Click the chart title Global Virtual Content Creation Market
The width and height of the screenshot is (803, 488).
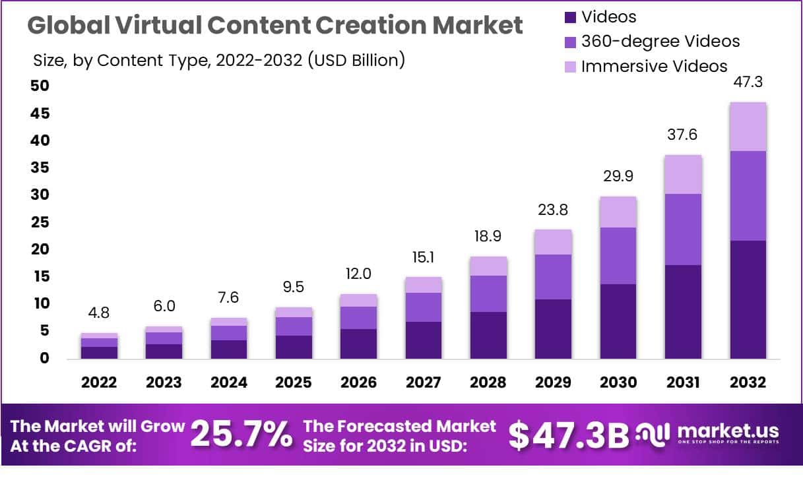(x=275, y=25)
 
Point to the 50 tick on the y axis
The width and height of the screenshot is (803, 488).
(x=40, y=86)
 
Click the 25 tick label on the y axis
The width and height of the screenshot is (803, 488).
(x=40, y=222)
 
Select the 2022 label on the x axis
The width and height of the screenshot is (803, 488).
(x=100, y=382)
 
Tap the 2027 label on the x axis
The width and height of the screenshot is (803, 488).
(x=424, y=382)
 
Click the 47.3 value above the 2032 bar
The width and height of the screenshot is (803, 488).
(x=748, y=82)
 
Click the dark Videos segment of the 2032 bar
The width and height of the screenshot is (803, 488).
(x=748, y=299)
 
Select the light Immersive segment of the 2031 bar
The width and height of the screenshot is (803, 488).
(x=683, y=175)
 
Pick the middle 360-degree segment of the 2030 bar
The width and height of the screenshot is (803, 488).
(x=618, y=256)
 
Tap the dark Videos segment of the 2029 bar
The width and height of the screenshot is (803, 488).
(x=553, y=329)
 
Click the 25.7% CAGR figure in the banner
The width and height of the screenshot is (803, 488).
(x=241, y=435)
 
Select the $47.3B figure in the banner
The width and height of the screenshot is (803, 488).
(x=569, y=435)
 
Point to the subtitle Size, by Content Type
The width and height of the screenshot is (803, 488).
(x=218, y=61)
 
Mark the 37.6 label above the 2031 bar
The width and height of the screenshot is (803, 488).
(x=683, y=135)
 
